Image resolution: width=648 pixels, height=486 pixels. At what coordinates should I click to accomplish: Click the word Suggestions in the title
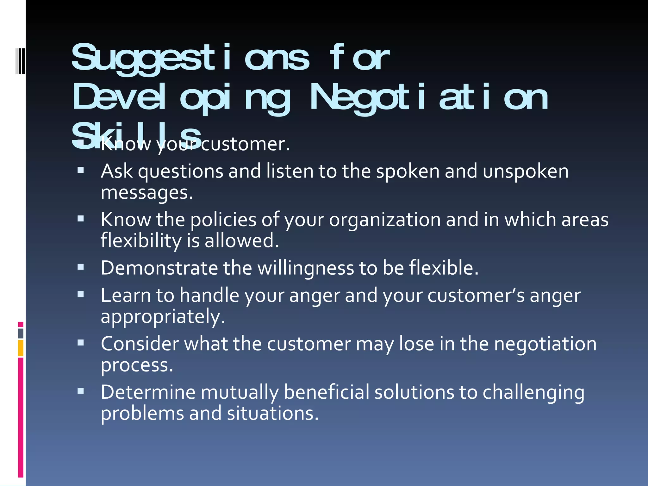(190, 59)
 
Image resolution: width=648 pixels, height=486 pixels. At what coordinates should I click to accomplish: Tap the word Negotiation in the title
(429, 98)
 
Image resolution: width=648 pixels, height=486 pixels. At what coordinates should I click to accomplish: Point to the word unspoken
(526, 172)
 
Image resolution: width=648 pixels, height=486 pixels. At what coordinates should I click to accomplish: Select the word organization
(384, 220)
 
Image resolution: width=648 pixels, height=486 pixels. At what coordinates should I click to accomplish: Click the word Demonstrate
(159, 268)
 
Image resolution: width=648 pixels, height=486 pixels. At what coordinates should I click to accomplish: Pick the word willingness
(305, 268)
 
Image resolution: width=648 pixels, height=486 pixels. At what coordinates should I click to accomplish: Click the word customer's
(476, 296)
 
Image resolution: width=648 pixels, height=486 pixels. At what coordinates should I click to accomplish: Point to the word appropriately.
(163, 317)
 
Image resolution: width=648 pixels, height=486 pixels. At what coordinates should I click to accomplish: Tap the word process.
(137, 365)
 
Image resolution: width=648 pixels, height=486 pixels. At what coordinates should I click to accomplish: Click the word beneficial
(326, 392)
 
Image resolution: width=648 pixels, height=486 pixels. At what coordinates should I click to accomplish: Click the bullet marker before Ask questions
(81, 171)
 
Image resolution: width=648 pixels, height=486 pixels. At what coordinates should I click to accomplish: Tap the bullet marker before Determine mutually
(81, 391)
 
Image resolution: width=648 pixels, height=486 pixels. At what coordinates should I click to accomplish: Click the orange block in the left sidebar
(21, 348)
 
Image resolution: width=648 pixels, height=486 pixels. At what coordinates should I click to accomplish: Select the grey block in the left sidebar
(21, 333)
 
